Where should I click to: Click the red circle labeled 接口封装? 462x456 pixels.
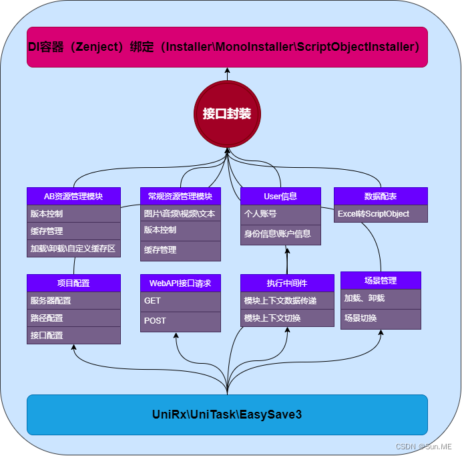[227, 113]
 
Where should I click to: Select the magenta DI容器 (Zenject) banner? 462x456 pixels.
[227, 47]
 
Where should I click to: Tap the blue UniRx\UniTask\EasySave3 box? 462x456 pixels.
[227, 415]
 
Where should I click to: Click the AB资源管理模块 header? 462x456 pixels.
[73, 196]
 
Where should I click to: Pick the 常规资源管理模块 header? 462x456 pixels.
[180, 196]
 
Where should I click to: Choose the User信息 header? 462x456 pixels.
[280, 196]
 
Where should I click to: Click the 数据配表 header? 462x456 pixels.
[381, 196]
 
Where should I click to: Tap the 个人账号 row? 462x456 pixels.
[280, 214]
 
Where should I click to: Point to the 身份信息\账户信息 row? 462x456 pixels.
[280, 234]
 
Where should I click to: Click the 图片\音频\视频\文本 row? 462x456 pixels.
[180, 214]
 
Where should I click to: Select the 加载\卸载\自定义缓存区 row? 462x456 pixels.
[73, 249]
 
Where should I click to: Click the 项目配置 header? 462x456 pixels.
[73, 283]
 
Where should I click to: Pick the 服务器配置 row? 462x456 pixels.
[73, 300]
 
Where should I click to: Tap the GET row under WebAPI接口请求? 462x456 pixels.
[180, 301]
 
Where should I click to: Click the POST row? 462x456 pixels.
[180, 321]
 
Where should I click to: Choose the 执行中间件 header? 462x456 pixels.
[287, 283]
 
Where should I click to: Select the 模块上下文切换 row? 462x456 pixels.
[287, 318]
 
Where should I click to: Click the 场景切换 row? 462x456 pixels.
[381, 318]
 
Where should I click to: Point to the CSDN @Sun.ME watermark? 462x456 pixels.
[423, 446]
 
